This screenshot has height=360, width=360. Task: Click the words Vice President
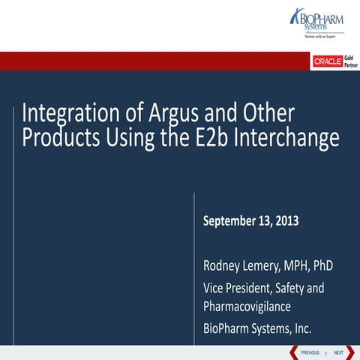click(239, 287)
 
